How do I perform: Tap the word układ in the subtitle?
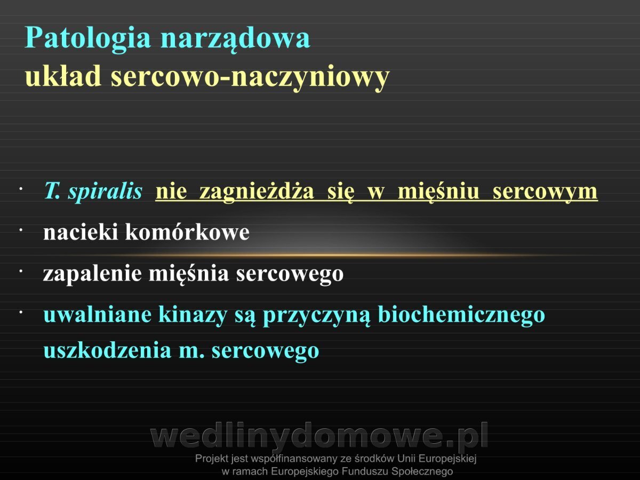63,76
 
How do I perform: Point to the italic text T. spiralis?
93,192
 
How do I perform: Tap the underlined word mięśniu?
438,192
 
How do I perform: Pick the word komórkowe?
187,233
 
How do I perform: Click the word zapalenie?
92,274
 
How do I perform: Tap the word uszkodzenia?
107,350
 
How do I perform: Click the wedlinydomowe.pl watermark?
319,435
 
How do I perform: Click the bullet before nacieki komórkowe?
21,230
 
